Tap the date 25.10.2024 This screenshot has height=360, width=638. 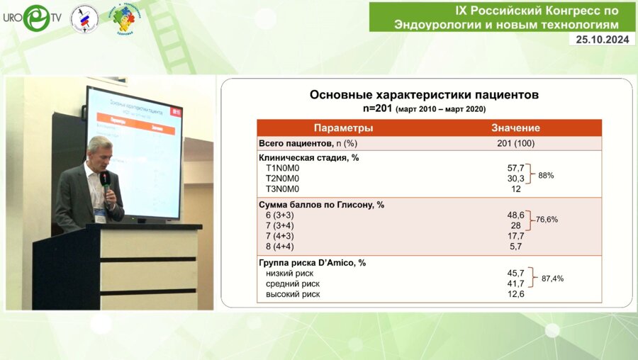602,40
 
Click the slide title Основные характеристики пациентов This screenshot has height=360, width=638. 425,94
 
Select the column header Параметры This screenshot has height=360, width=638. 343,128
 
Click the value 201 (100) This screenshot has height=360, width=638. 515,143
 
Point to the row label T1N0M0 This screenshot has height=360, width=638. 282,168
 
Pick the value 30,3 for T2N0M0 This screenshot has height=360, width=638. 515,179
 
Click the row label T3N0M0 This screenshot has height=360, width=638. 282,189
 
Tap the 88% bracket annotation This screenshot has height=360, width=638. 546,174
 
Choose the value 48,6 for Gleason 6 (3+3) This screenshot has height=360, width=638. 515,215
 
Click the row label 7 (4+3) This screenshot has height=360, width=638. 280,236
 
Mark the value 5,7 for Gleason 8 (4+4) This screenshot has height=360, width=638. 515,247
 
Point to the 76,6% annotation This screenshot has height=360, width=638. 546,220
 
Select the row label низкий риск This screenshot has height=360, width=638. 289,273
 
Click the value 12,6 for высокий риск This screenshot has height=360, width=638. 515,294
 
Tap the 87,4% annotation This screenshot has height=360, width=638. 552,279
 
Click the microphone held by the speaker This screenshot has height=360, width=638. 104,179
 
